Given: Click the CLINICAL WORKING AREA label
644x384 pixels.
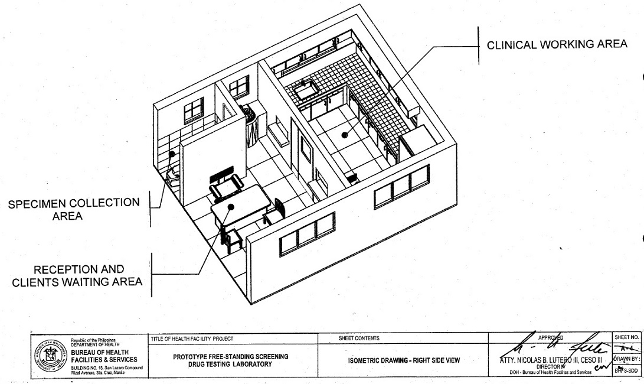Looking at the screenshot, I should tap(557, 45).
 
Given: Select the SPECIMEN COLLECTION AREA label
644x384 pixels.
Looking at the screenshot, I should tap(74, 209).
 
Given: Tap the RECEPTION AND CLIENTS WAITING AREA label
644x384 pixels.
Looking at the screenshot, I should tap(77, 275).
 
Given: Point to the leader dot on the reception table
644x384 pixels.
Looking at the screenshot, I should tap(231, 207).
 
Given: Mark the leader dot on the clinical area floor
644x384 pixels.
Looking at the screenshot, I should tap(344, 135).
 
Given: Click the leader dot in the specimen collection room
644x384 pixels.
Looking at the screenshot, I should tap(172, 154).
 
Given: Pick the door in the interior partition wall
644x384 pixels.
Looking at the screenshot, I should tap(306, 151).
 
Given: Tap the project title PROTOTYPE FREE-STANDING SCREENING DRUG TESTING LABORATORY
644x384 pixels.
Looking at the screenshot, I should tap(230, 360).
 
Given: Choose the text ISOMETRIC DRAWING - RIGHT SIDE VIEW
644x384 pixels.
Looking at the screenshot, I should tap(404, 360).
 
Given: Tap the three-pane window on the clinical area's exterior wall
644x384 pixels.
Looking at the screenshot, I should tap(401, 184).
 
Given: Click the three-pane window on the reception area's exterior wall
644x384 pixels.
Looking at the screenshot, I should tap(307, 233).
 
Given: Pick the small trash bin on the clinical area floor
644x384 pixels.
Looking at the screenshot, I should tap(352, 177).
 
